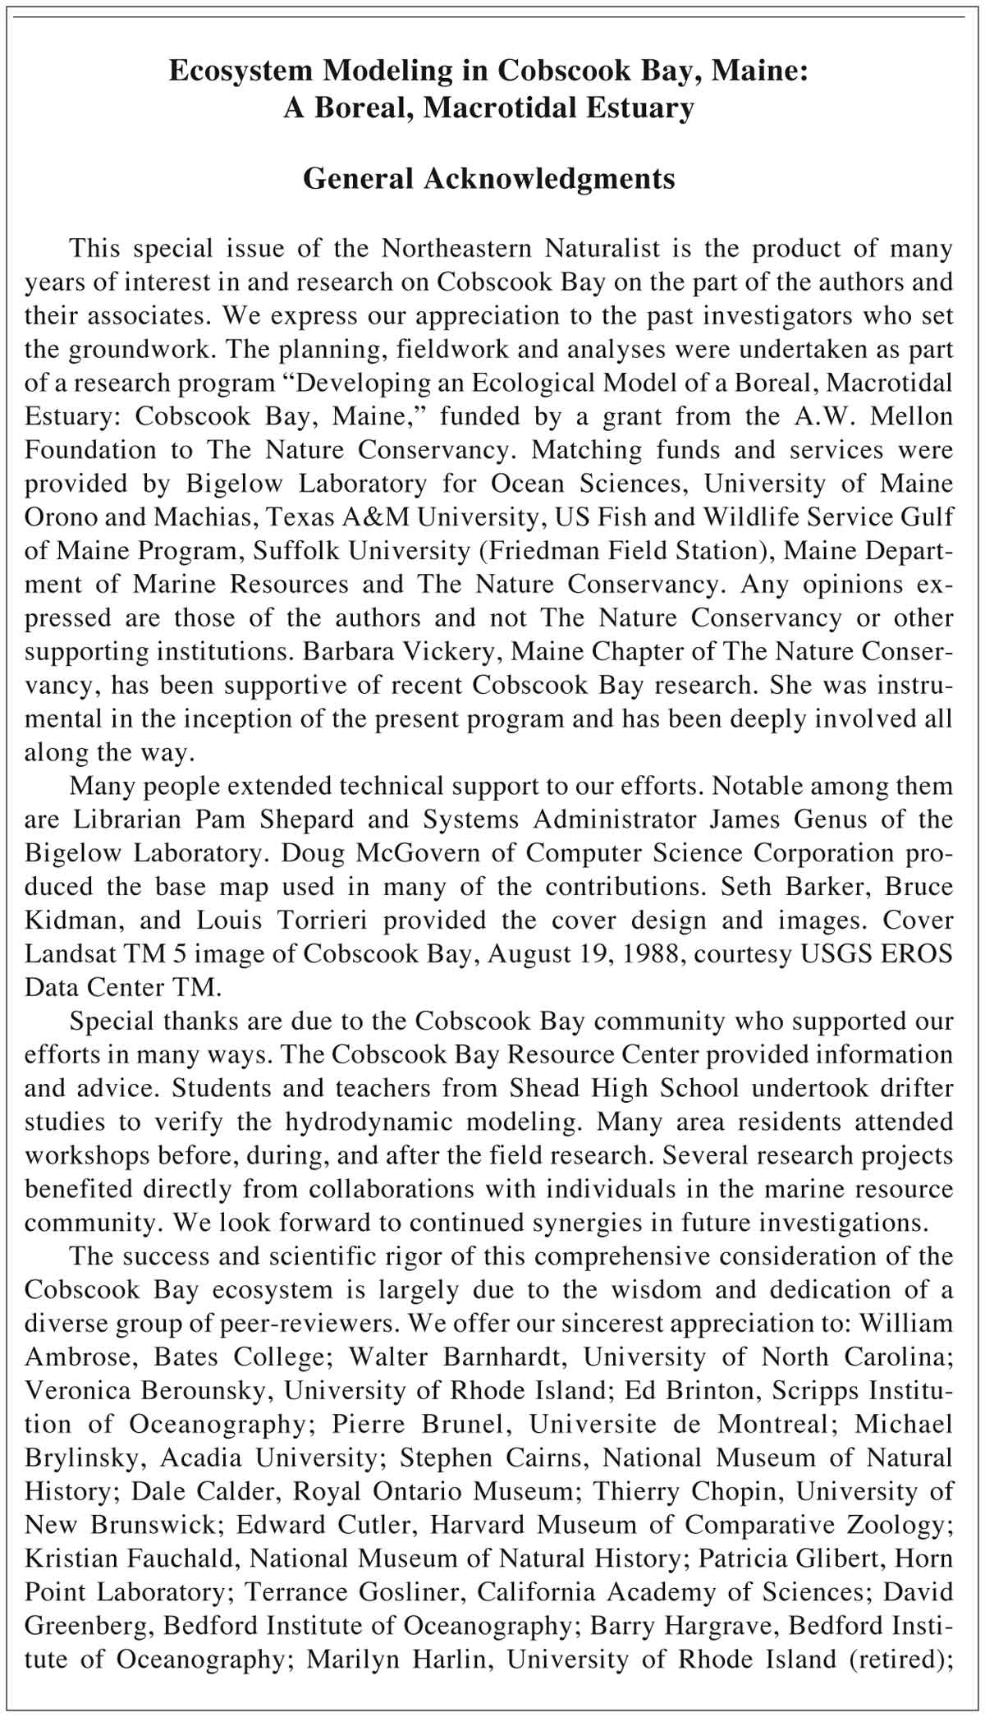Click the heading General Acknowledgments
click(x=488, y=178)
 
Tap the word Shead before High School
click(x=543, y=1089)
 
